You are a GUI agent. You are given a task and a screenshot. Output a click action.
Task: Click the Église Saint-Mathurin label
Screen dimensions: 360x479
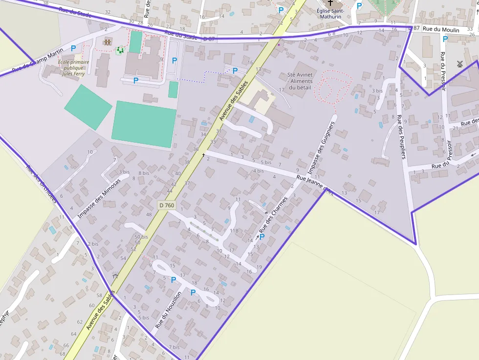[x=330, y=14]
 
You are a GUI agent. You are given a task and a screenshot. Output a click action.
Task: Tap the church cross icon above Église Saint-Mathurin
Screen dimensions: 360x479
[x=330, y=3]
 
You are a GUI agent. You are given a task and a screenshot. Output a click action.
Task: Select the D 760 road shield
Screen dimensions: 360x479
[x=167, y=206]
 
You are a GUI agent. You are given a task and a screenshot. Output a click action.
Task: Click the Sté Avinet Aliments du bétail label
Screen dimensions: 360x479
[x=300, y=81]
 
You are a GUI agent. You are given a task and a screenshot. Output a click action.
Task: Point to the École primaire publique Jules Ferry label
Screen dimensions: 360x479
[x=73, y=68]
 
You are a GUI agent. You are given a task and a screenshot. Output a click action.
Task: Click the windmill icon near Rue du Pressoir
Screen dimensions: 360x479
[x=459, y=64]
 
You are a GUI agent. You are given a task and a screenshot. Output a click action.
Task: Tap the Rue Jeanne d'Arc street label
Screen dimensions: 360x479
[x=315, y=186]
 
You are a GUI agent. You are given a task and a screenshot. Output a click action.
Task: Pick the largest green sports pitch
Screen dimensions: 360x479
[x=144, y=124]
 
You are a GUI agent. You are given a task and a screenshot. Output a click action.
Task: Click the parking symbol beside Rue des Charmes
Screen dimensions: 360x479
[x=261, y=237]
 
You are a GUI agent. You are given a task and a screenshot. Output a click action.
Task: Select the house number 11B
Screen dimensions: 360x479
[x=234, y=231]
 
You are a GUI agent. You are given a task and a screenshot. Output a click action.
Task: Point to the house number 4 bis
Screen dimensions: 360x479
[x=258, y=171]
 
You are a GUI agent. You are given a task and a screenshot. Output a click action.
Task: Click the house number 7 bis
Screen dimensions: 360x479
[x=174, y=347]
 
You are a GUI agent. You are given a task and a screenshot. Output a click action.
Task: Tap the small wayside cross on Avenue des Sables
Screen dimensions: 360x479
[x=203, y=155]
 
